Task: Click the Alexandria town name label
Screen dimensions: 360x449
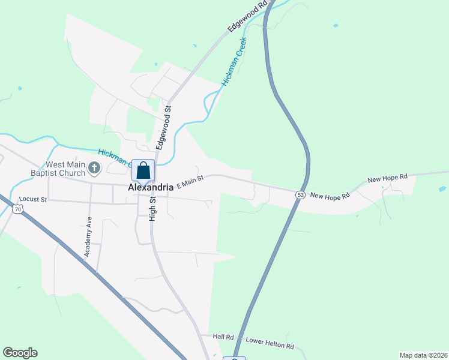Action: [151, 187]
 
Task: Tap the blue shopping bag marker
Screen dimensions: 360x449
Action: [143, 170]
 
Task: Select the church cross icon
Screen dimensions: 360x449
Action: [94, 168]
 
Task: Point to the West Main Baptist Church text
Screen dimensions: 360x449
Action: [58, 169]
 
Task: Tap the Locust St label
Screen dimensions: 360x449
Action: [33, 199]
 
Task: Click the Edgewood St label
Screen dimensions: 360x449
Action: [163, 127]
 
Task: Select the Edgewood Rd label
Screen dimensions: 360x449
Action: [247, 17]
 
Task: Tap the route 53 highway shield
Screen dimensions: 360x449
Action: [301, 194]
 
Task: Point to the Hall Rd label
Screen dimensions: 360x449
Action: [223, 337]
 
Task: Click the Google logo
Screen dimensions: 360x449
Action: [20, 353]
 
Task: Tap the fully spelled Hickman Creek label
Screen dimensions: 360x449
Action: [234, 61]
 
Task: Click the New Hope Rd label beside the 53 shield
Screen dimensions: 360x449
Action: [330, 197]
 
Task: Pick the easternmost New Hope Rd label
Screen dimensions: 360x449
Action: [387, 178]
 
